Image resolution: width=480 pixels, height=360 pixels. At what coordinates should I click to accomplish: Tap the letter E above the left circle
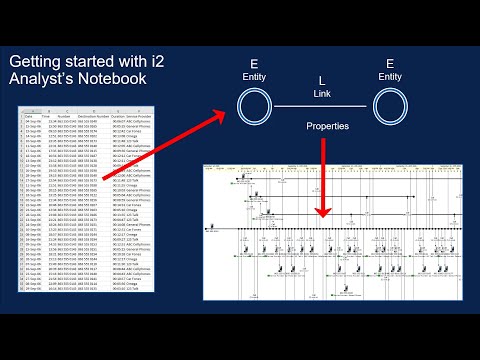coord(255,63)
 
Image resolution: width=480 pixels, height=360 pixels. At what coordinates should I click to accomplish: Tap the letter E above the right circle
coord(390,63)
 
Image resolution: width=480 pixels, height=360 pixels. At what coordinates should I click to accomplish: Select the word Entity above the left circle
coord(255,76)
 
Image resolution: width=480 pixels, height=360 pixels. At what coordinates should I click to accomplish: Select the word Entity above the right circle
coord(390,76)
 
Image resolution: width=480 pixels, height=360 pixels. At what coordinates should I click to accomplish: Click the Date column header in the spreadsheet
coord(30,116)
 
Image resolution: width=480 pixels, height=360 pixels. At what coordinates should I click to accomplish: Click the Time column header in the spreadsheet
coord(49,116)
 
